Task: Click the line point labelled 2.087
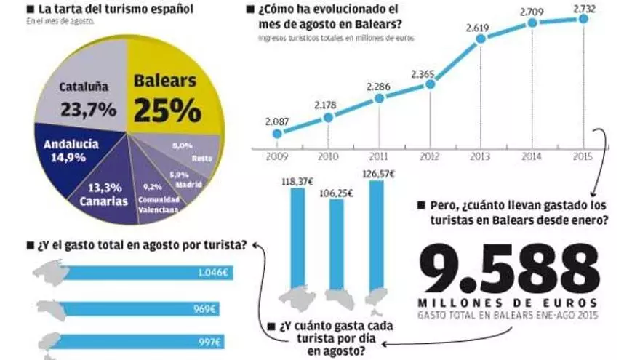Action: point(277,133)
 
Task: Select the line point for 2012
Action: point(430,84)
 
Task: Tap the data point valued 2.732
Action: point(583,19)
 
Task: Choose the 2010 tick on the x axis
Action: point(327,156)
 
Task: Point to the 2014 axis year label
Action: point(532,156)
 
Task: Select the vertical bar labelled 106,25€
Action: point(337,244)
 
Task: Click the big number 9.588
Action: point(508,268)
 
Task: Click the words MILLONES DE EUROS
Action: point(508,302)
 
